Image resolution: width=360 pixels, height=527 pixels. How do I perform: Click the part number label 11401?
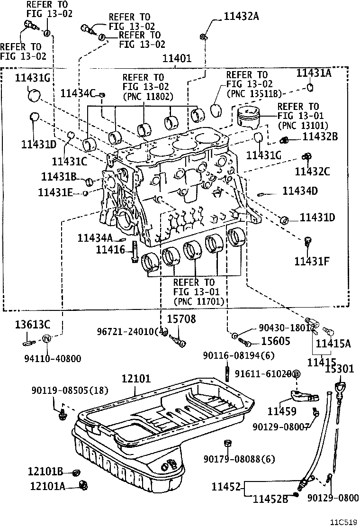177,59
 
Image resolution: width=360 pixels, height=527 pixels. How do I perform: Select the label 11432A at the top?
235,17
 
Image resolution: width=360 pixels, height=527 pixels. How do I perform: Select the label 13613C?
32,325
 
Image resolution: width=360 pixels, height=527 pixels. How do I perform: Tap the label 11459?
282,412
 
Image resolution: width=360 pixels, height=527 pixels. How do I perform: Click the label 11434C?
80,93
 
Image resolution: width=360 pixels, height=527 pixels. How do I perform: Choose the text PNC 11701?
198,301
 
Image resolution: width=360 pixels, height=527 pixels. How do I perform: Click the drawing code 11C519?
343,521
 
